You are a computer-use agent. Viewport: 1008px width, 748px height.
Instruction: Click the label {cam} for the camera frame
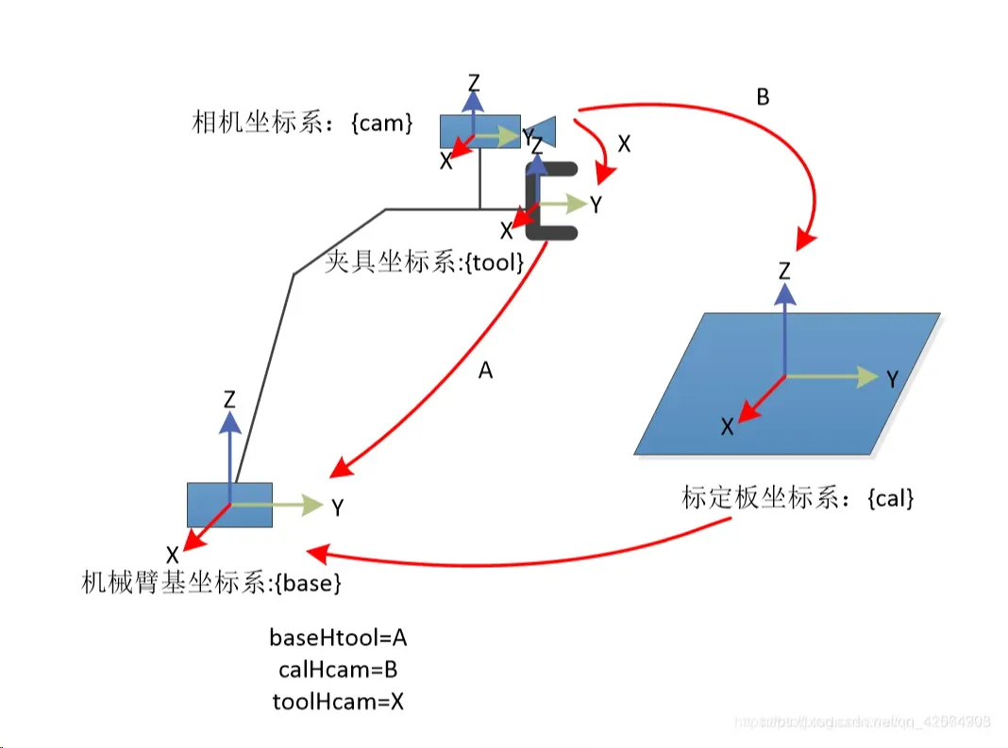pos(381,124)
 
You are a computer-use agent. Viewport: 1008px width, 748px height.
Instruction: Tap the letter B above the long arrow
pos(763,96)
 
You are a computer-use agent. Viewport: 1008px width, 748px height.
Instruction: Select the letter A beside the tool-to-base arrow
pos(485,371)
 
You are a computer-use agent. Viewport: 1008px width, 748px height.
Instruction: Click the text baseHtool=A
pos(338,638)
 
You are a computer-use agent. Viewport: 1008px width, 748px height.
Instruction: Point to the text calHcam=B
pos(338,670)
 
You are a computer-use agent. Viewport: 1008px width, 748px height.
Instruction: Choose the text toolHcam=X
pos(338,701)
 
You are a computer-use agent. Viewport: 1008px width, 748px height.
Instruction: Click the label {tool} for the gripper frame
pos(482,262)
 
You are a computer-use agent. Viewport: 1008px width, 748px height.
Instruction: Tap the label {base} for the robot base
pos(306,583)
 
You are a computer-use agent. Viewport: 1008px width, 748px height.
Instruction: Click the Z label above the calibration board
pos(783,273)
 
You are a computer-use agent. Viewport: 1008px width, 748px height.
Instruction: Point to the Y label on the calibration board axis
pos(891,379)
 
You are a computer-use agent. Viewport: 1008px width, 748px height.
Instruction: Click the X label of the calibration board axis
pos(727,426)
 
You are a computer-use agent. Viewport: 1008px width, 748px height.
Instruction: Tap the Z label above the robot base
pos(229,399)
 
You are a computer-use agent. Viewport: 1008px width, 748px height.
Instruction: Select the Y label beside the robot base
pos(337,507)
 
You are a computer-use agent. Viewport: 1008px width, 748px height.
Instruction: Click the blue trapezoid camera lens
pos(547,130)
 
